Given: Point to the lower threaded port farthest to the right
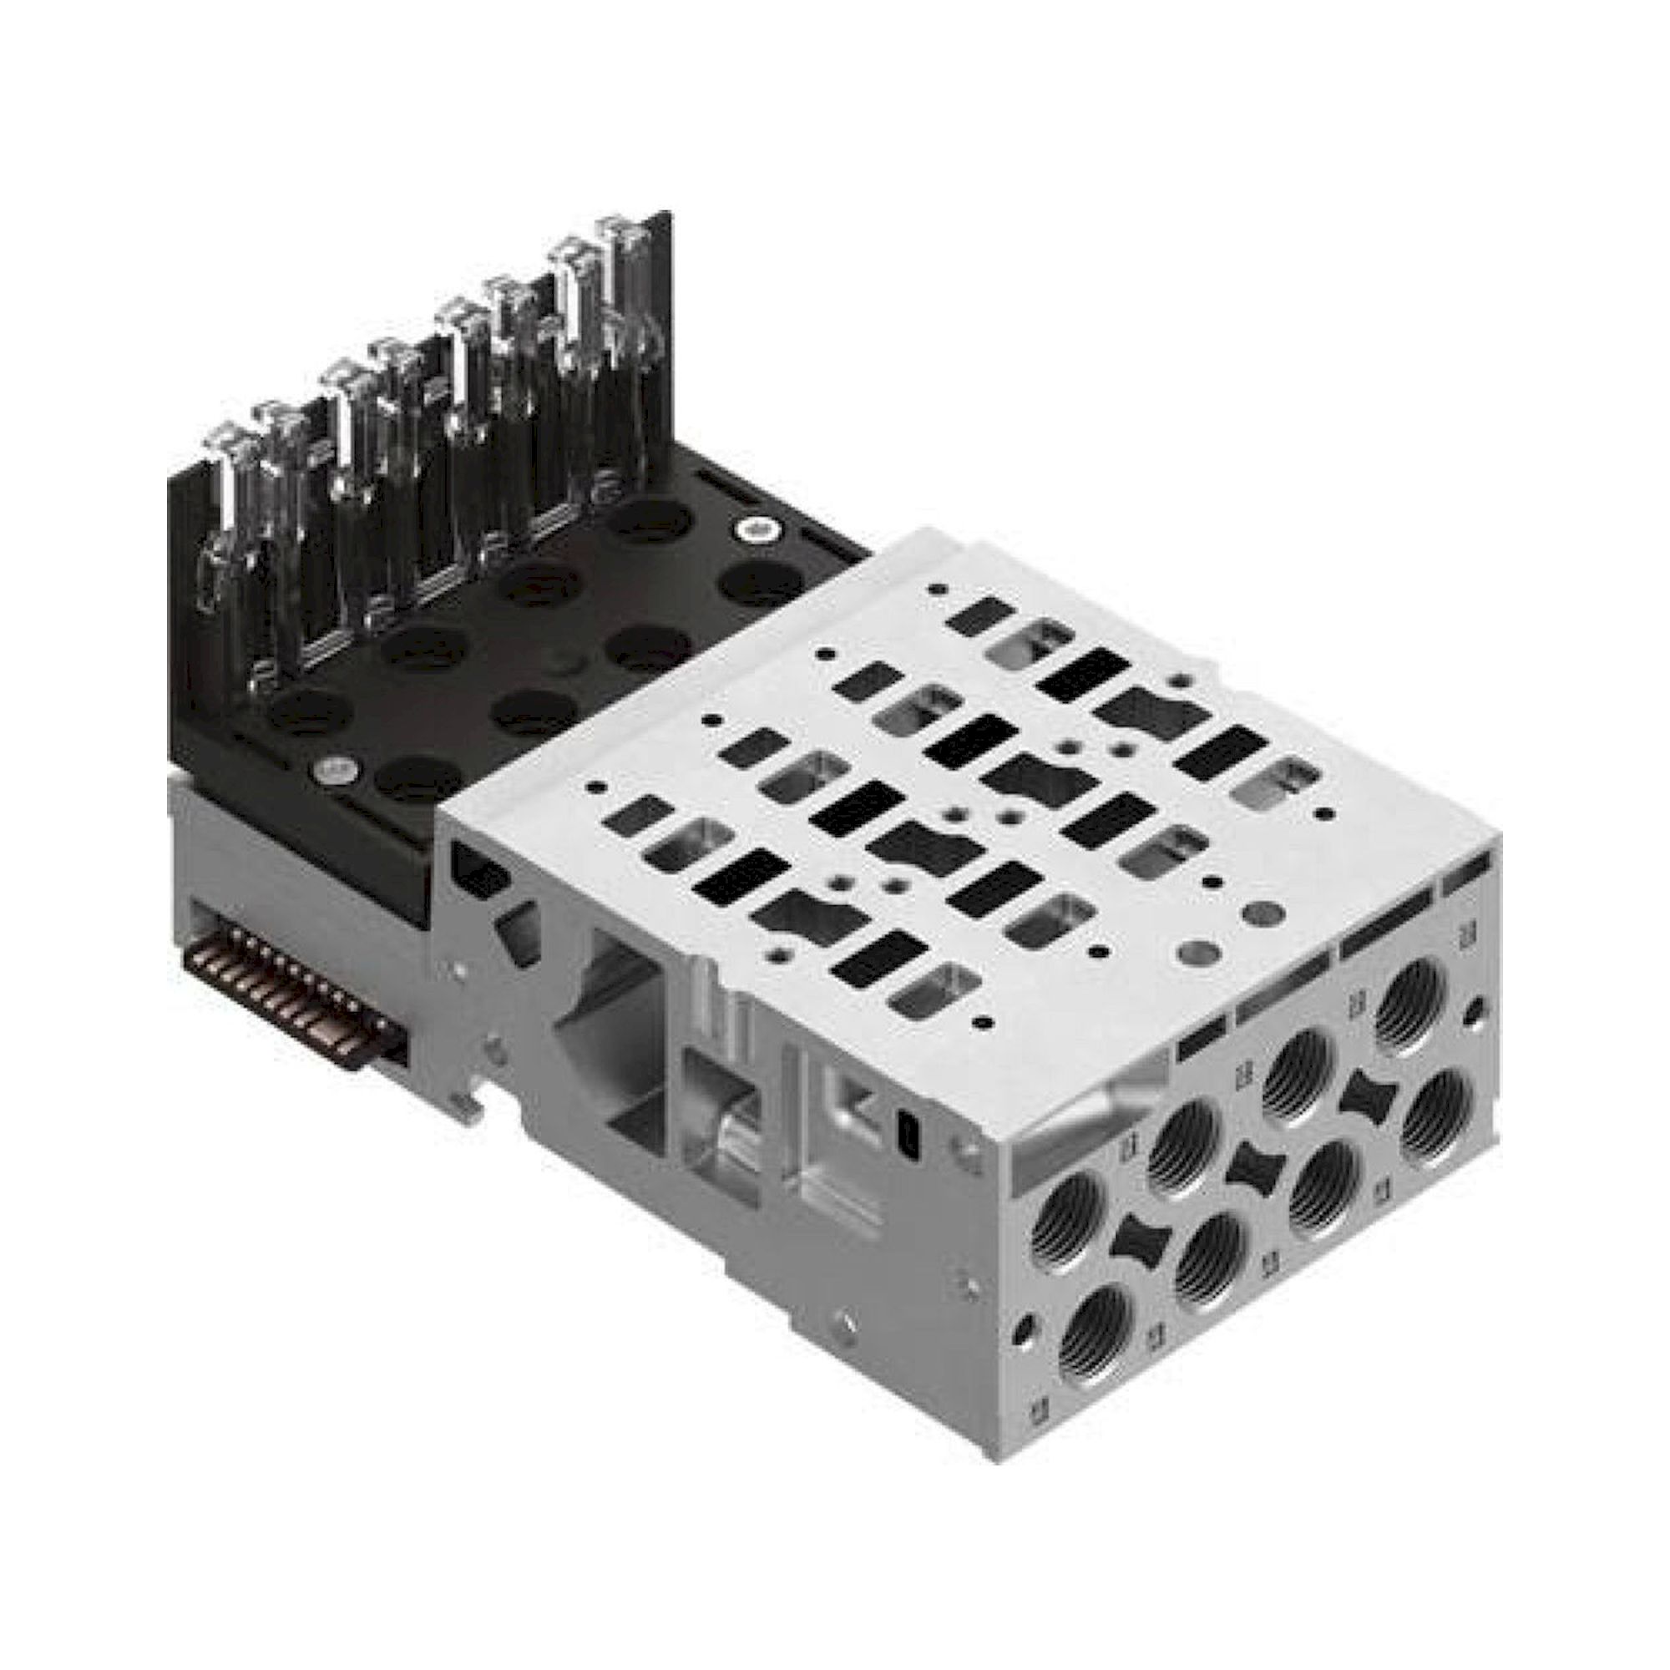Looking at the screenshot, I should [1435, 1115].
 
